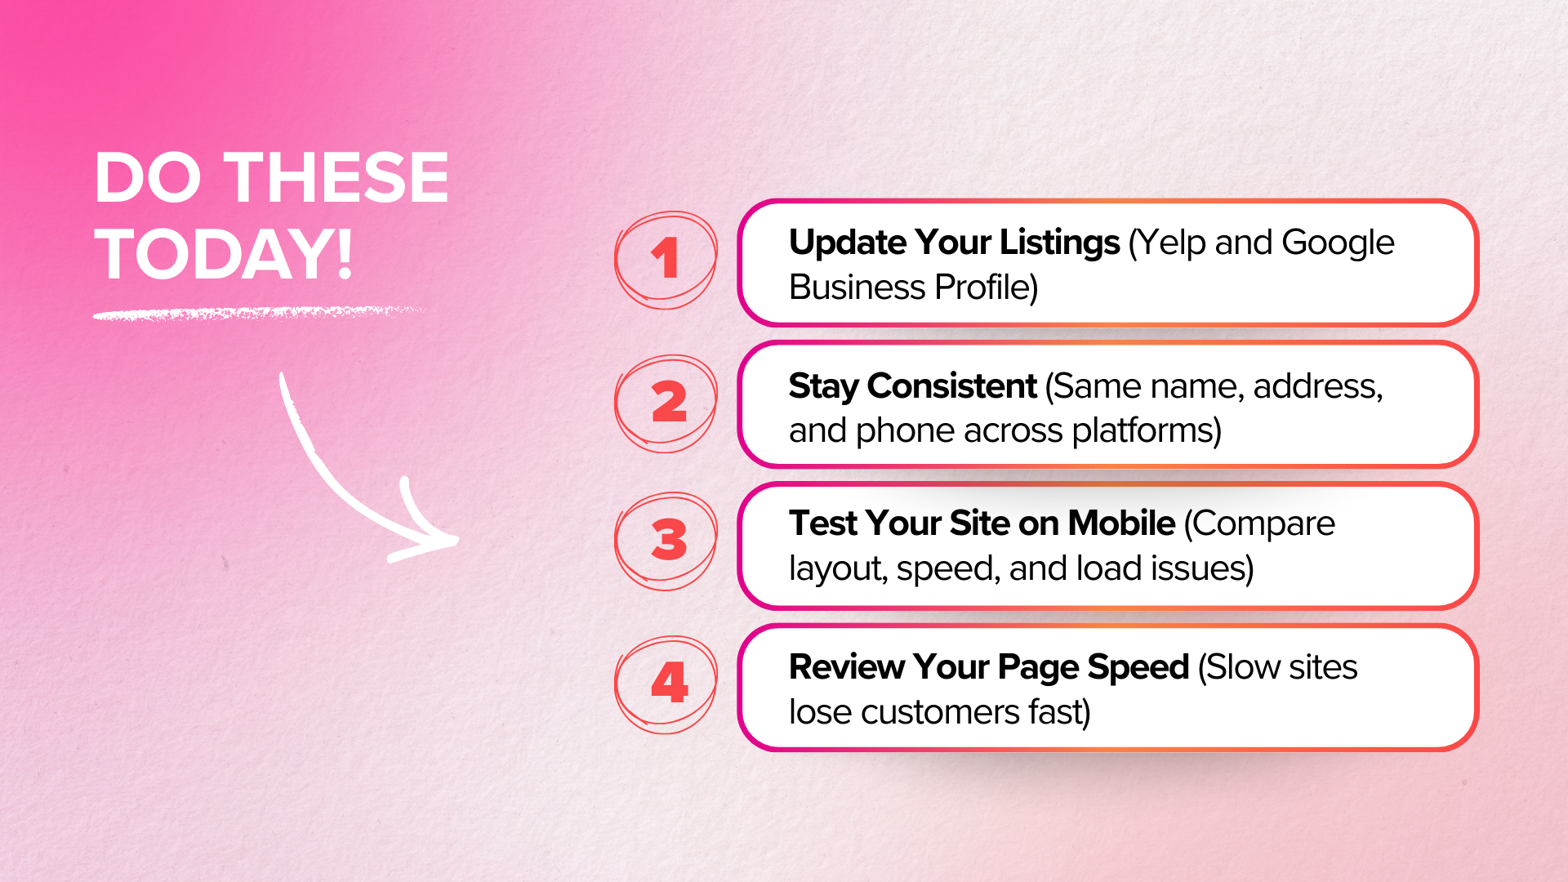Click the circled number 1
[666, 259]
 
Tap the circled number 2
[668, 403]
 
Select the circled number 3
[668, 540]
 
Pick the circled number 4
[669, 683]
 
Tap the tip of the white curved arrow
[456, 540]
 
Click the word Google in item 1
[1338, 243]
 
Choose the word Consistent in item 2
[951, 386]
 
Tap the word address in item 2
[1317, 386]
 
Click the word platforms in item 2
[1146, 430]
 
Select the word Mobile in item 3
[1121, 523]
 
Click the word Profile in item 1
[986, 287]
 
